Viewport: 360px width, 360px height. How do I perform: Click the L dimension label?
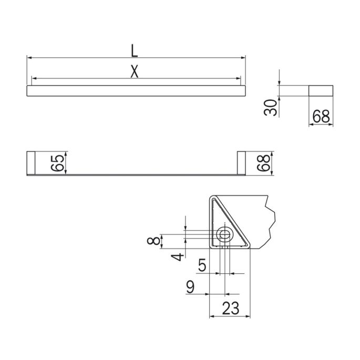tap(135, 50)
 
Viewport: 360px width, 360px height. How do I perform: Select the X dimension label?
tap(135, 73)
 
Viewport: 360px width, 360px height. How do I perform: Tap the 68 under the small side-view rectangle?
tap(321, 117)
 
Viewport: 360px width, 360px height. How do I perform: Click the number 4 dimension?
tap(179, 256)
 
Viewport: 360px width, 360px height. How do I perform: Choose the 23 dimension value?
tap(230, 308)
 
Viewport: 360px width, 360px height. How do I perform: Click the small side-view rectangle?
tap(321, 90)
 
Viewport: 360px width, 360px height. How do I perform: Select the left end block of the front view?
tap(30, 163)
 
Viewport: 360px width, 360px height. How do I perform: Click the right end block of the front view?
tap(241, 163)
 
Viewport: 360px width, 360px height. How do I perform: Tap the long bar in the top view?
tap(136, 90)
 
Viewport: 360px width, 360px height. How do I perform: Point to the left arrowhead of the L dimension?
tap(29, 57)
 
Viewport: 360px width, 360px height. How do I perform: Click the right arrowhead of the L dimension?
tap(243, 57)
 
